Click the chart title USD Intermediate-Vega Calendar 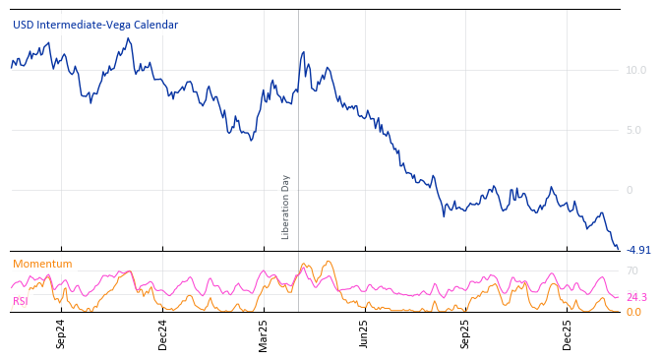coord(95,25)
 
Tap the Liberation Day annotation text coord(286,207)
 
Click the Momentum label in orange coord(42,264)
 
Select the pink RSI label coord(21,301)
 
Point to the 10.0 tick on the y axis coord(635,70)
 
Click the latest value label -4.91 coord(638,250)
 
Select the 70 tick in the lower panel coord(632,270)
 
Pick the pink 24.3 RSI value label coord(636,297)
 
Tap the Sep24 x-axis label coord(61,333)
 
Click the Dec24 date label coord(163,333)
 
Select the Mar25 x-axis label coord(264,333)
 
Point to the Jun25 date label coord(364,333)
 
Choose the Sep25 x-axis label coord(465,333)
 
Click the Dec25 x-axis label coord(567,333)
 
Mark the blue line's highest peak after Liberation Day coord(303,52)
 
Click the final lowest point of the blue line coord(618,249)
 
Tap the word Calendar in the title coord(155,25)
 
